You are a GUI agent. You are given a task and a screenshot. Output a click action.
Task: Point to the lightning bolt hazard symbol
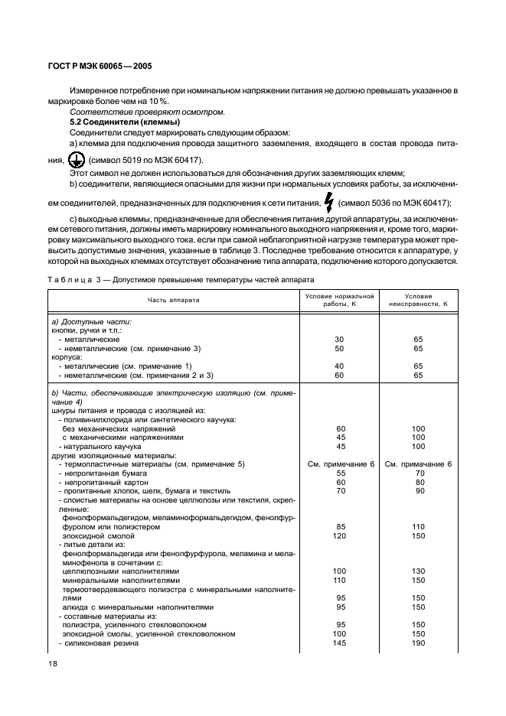pos(329,203)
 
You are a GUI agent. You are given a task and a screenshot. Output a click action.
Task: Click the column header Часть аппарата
pos(173,300)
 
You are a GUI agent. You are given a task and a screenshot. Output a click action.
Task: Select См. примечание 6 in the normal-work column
pos(339,464)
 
